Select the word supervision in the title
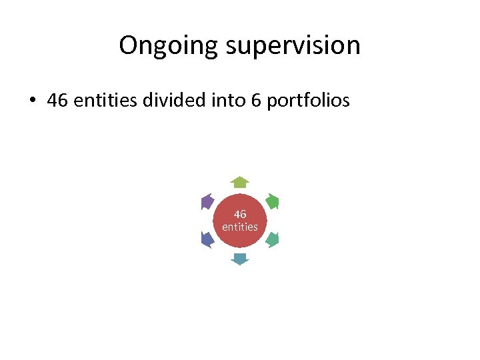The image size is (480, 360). pos(294,45)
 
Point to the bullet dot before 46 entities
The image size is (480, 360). pos(31,101)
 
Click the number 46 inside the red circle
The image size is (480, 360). pos(240,214)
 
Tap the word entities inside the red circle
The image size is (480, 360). pos(240,227)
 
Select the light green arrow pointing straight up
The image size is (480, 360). pos(240,182)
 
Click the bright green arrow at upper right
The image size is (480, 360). pos(272,201)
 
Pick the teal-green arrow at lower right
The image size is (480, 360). pos(272,239)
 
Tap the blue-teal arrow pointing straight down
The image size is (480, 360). pos(240,259)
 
